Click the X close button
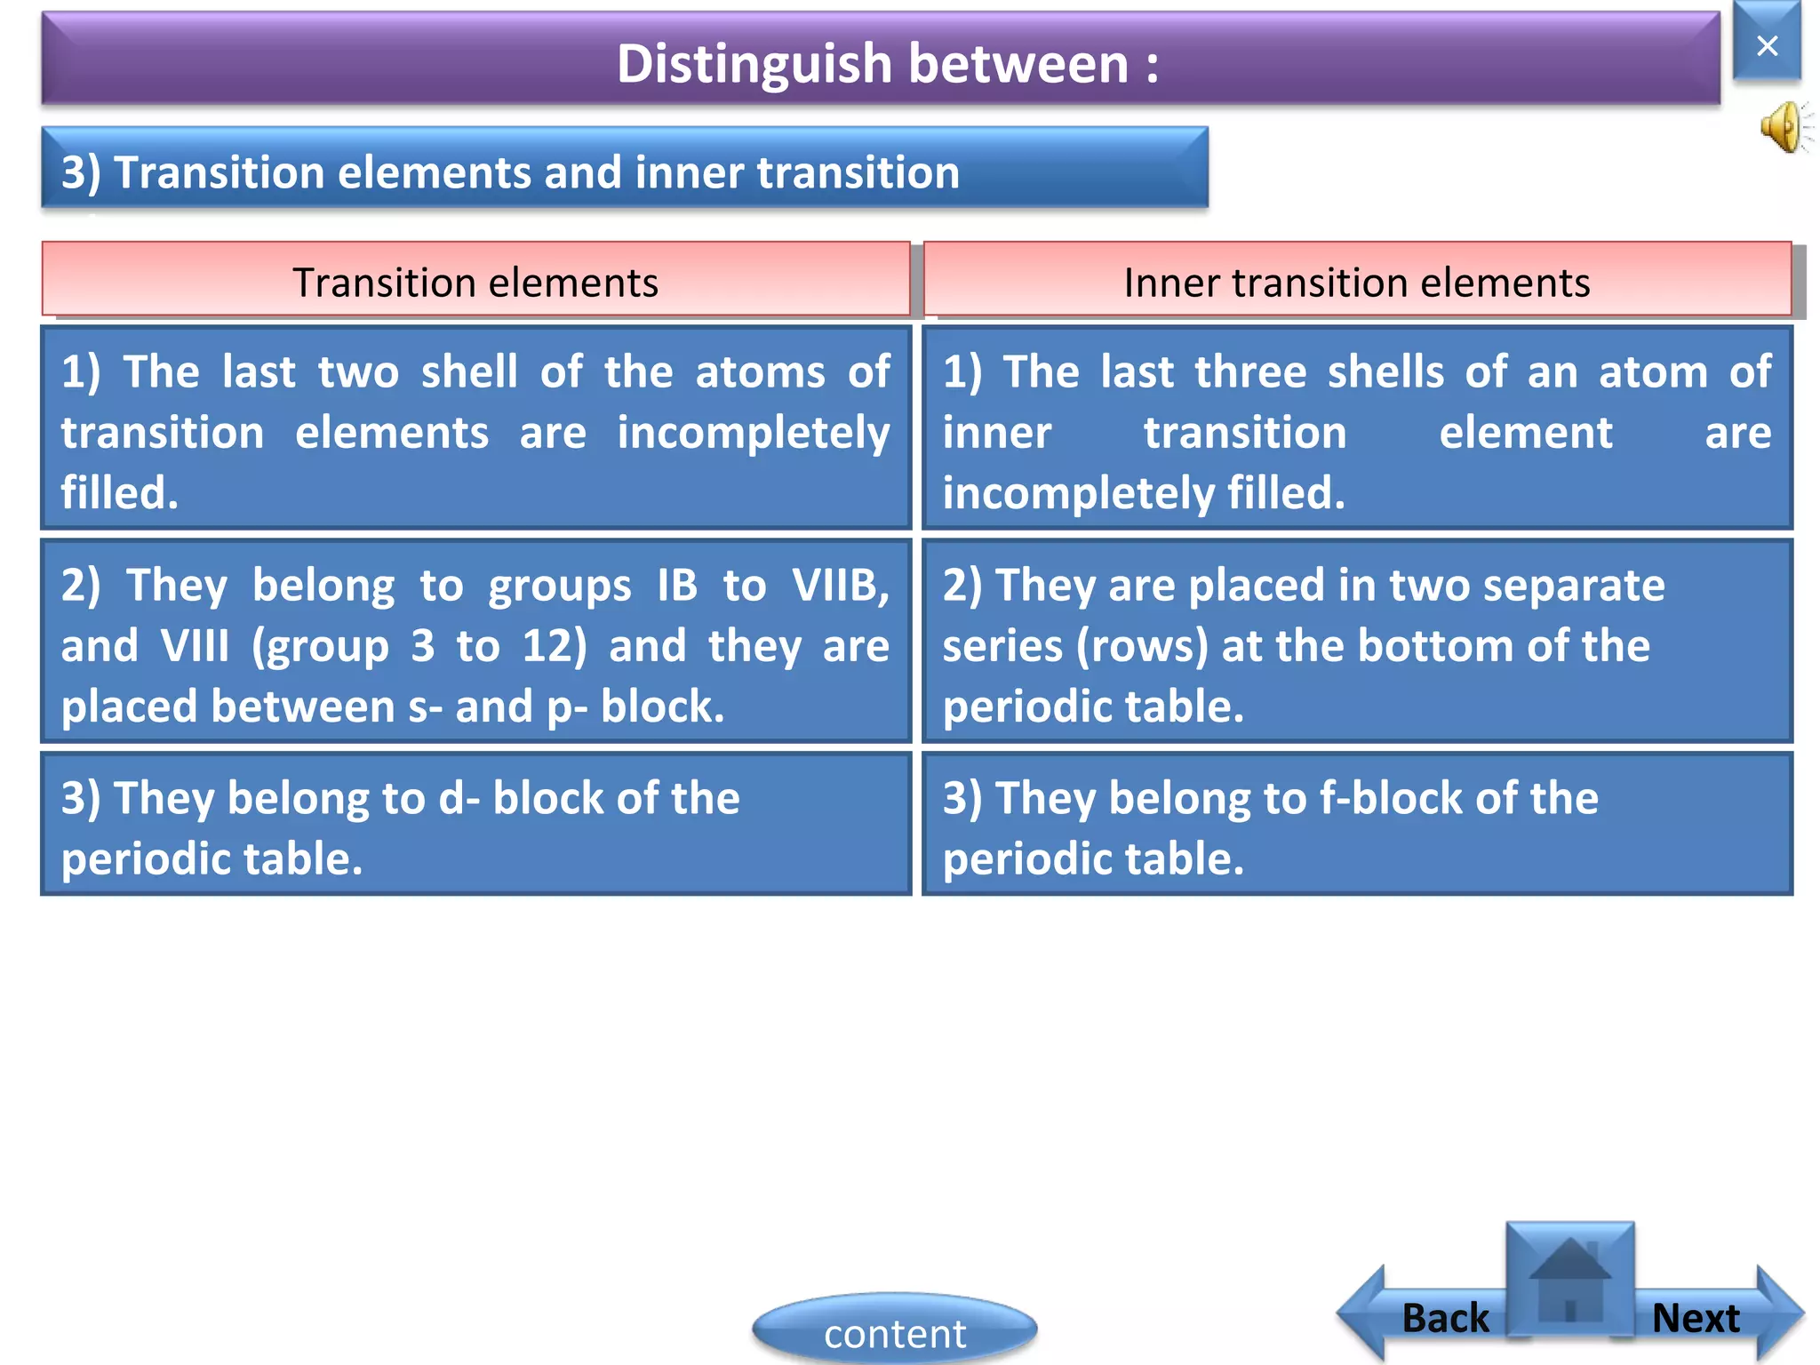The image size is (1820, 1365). [x=1767, y=44]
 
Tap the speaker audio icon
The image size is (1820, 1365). [x=1784, y=127]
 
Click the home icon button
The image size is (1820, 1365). [x=1570, y=1280]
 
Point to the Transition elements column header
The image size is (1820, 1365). [x=475, y=282]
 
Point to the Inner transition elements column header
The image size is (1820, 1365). [x=1357, y=282]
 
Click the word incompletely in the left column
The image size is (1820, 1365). [x=753, y=435]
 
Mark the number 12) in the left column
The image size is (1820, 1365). [x=555, y=646]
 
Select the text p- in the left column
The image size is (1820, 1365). [x=566, y=707]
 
